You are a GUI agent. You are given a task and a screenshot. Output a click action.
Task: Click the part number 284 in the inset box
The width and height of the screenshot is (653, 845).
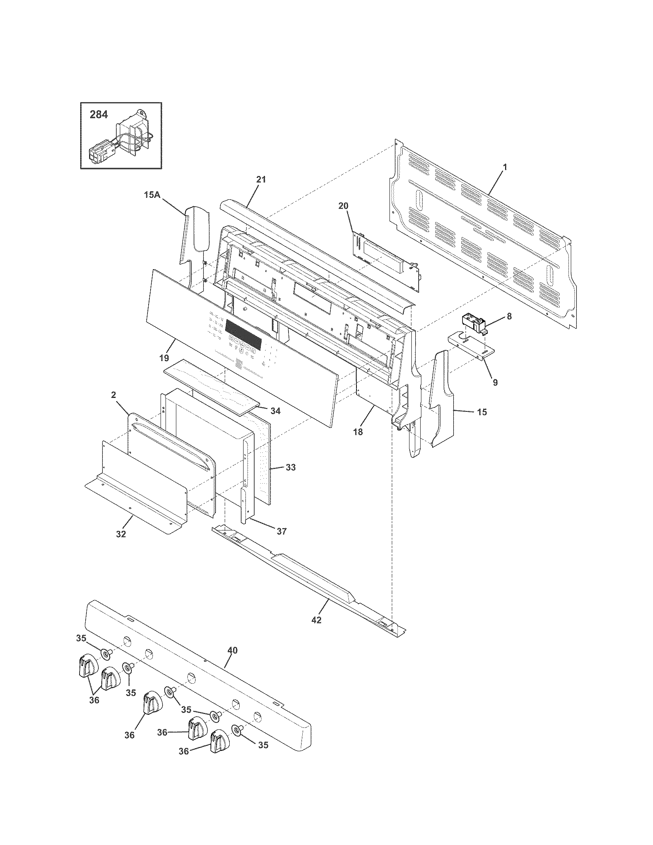[99, 114]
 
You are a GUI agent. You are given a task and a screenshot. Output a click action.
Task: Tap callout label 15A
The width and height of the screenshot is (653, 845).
[152, 195]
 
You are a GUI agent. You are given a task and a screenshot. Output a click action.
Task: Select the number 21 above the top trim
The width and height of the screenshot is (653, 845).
[261, 179]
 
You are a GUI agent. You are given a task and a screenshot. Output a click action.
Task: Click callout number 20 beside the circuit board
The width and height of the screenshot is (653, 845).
[343, 206]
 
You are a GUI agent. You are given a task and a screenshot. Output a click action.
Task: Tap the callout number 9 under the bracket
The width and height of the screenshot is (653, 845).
[495, 382]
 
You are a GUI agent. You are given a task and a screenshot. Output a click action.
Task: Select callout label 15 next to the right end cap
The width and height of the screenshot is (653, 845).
[482, 412]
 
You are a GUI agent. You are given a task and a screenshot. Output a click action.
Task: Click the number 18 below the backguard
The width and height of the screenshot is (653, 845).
[358, 432]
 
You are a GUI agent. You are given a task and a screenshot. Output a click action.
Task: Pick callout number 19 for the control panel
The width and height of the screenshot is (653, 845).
[164, 357]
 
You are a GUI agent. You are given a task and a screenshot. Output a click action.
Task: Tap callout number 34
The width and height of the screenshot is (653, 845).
[275, 411]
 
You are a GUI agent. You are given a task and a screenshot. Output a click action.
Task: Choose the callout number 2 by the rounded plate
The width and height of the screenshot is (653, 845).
[113, 395]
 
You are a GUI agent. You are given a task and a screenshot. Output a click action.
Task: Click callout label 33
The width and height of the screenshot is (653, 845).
[290, 467]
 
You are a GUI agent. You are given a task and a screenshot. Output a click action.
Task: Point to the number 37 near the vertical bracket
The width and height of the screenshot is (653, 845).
[282, 531]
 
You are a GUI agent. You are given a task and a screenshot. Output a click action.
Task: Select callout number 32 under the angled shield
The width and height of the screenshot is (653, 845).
[121, 534]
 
